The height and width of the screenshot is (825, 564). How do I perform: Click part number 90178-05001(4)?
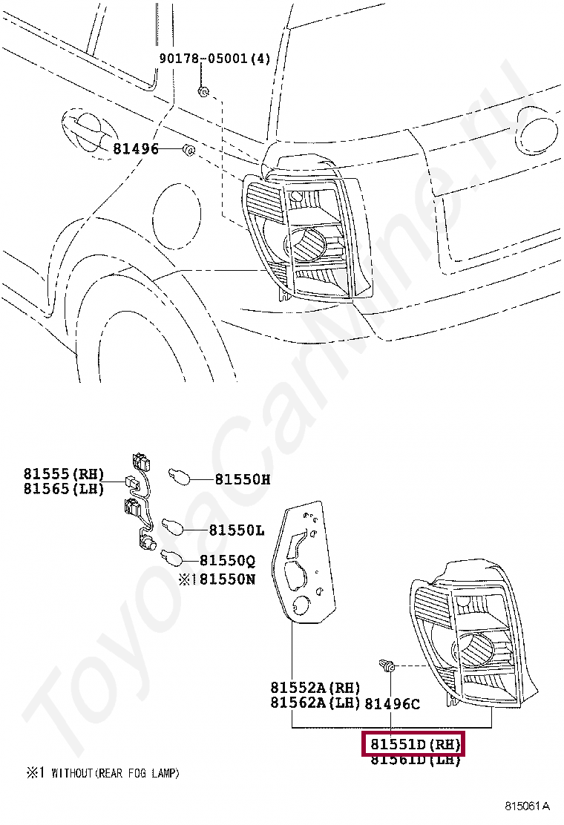click(x=214, y=59)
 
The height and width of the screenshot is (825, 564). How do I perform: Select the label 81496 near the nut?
click(x=136, y=149)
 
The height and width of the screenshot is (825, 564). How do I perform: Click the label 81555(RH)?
click(x=63, y=474)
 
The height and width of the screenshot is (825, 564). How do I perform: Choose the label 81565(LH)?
click(x=63, y=488)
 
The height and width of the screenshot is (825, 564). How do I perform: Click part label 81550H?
click(x=243, y=479)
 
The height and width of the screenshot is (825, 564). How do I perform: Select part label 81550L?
click(x=236, y=530)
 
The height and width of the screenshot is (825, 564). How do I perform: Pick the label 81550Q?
click(x=227, y=562)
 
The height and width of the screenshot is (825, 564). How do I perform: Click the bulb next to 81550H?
click(x=181, y=474)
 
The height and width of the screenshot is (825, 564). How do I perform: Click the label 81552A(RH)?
click(x=315, y=688)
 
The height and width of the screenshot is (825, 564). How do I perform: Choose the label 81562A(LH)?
click(x=315, y=703)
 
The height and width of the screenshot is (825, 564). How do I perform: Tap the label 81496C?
click(x=393, y=703)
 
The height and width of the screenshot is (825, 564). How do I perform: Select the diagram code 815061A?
click(x=528, y=806)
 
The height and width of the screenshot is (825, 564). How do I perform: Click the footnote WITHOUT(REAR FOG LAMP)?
click(x=115, y=773)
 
